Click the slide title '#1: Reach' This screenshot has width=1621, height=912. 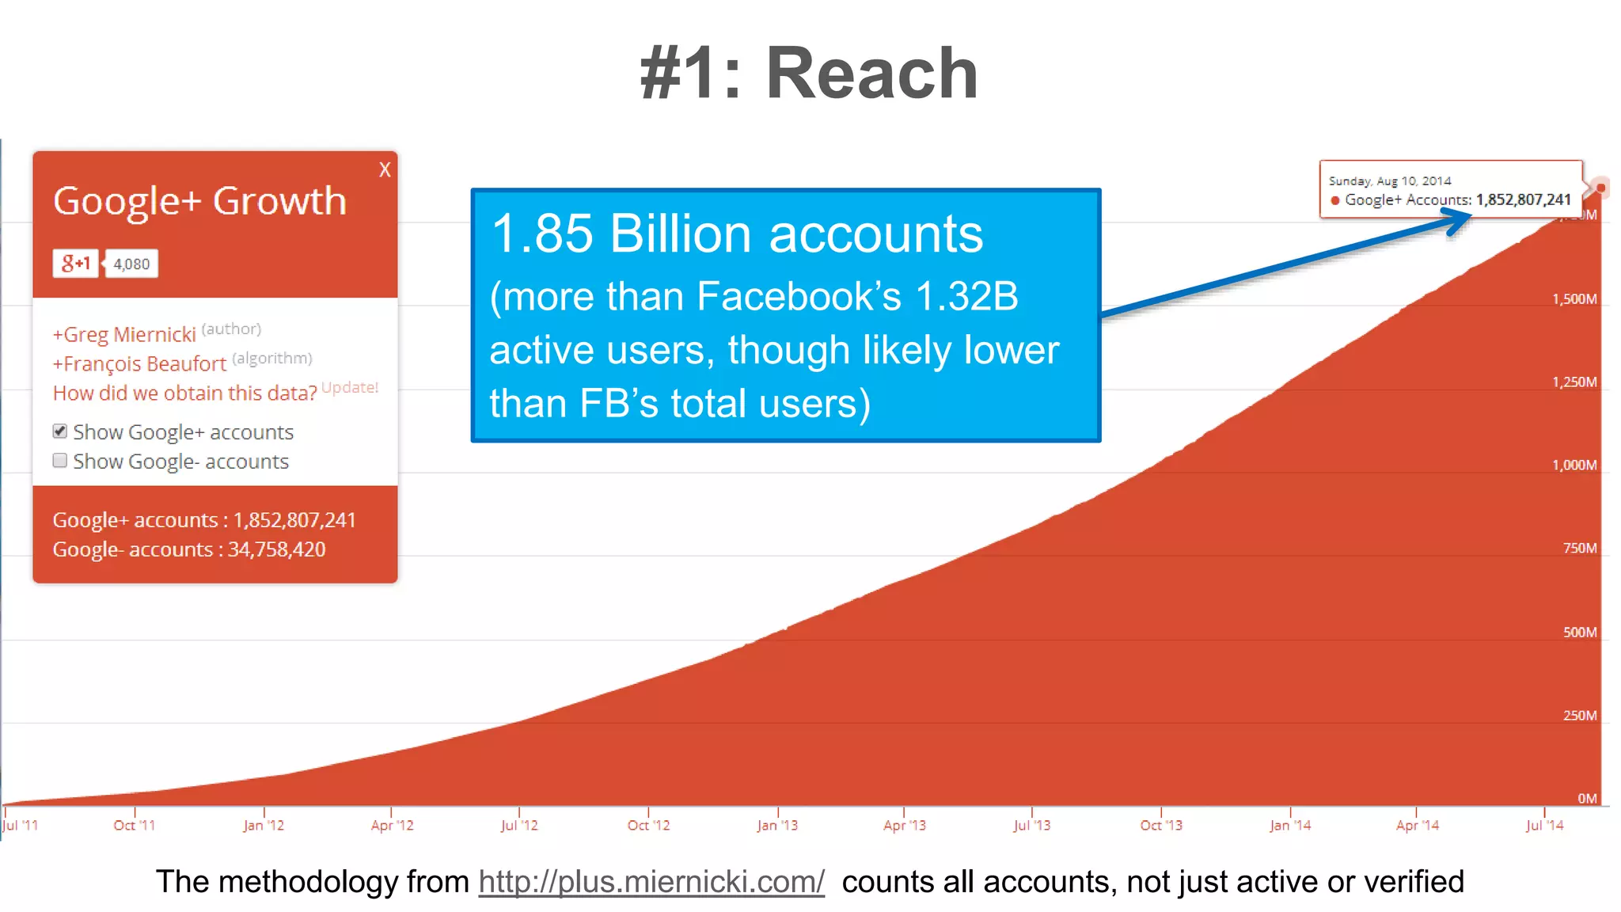pyautogui.click(x=809, y=73)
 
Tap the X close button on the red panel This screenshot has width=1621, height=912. pyautogui.click(x=385, y=169)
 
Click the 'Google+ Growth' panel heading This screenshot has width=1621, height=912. pyautogui.click(x=199, y=201)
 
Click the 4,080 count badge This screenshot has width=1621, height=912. pyautogui.click(x=131, y=264)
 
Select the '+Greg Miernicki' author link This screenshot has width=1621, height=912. pyautogui.click(x=124, y=335)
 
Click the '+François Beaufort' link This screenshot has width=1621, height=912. pyautogui.click(x=139, y=364)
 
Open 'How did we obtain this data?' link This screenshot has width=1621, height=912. pyautogui.click(x=184, y=393)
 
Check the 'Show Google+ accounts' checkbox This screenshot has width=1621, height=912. pyautogui.click(x=60, y=431)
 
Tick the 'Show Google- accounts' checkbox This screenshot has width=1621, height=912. pyautogui.click(x=60, y=461)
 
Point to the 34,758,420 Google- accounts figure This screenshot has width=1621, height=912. pyautogui.click(x=276, y=549)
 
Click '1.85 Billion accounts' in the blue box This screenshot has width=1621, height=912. pyautogui.click(x=736, y=234)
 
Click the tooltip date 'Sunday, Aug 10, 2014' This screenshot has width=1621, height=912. pyautogui.click(x=1389, y=181)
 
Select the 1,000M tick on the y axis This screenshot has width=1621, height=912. pyautogui.click(x=1574, y=465)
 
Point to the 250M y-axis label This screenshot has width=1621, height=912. pyautogui.click(x=1579, y=716)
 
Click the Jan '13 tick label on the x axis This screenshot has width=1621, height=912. pyautogui.click(x=777, y=825)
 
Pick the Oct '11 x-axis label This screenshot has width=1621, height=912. pyautogui.click(x=135, y=825)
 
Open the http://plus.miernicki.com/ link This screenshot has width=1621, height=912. pyautogui.click(x=651, y=882)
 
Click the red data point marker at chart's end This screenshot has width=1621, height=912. pyautogui.click(x=1600, y=188)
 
